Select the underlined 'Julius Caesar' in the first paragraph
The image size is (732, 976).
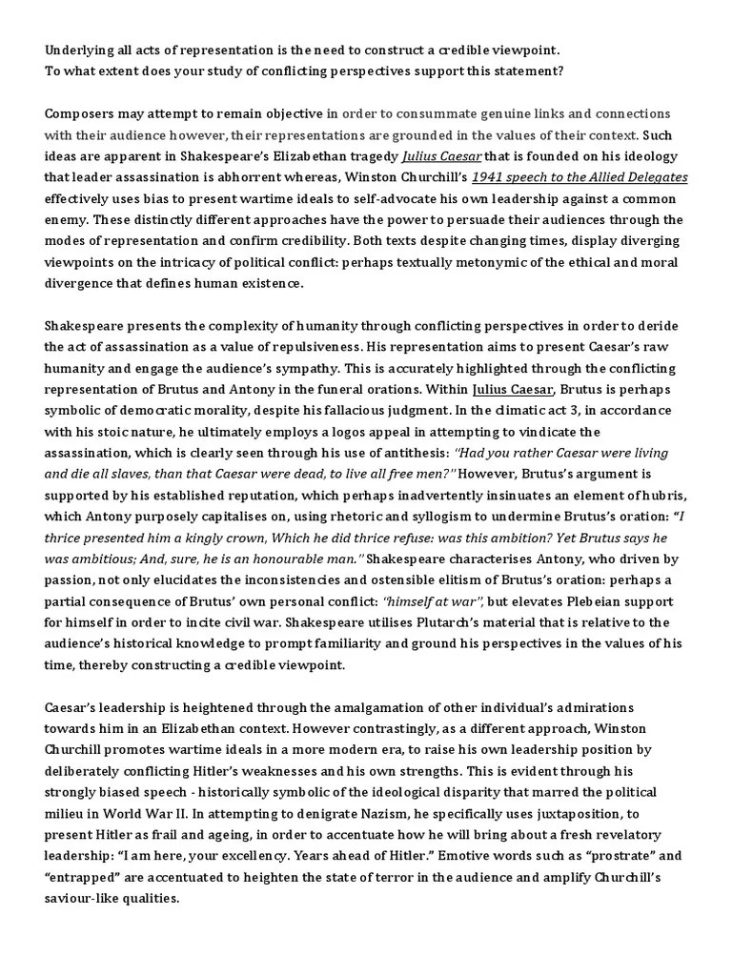pos(440,156)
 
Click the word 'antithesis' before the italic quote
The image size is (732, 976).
pos(400,453)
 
